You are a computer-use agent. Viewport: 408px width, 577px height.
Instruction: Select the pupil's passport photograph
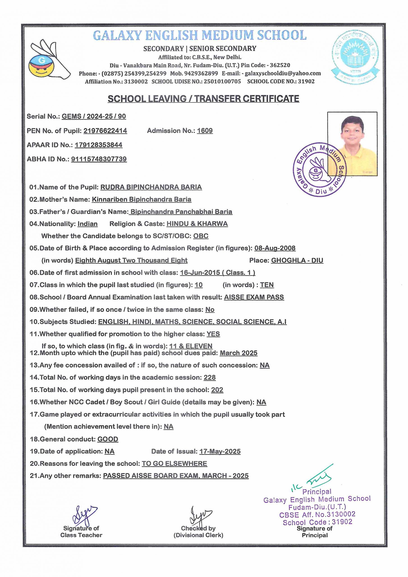point(352,144)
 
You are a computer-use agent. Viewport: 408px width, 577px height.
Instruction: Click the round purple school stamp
point(319,171)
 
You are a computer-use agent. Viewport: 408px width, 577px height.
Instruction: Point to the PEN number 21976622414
point(105,131)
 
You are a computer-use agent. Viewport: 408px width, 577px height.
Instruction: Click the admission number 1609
point(205,131)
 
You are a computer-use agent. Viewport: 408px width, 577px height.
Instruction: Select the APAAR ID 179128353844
point(99,145)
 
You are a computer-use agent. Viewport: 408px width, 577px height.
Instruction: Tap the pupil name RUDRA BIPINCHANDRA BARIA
point(151,187)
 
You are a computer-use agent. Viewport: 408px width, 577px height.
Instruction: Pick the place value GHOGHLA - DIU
point(297,260)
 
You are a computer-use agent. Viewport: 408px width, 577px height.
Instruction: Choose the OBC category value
point(201,236)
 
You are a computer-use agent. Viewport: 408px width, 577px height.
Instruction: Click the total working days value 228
point(210,378)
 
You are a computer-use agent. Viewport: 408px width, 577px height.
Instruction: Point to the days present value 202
point(217,390)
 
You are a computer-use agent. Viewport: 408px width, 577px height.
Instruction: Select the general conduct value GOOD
point(108,439)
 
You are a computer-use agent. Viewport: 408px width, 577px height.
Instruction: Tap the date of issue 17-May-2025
point(220,452)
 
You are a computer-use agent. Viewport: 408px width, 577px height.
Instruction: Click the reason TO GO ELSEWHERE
point(174,464)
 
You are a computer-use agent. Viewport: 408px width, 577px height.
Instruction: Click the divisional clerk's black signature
point(200,515)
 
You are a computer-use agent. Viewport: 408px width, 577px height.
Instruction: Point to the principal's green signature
point(318,479)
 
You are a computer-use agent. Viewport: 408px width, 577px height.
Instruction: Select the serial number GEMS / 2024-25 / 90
point(94,116)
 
